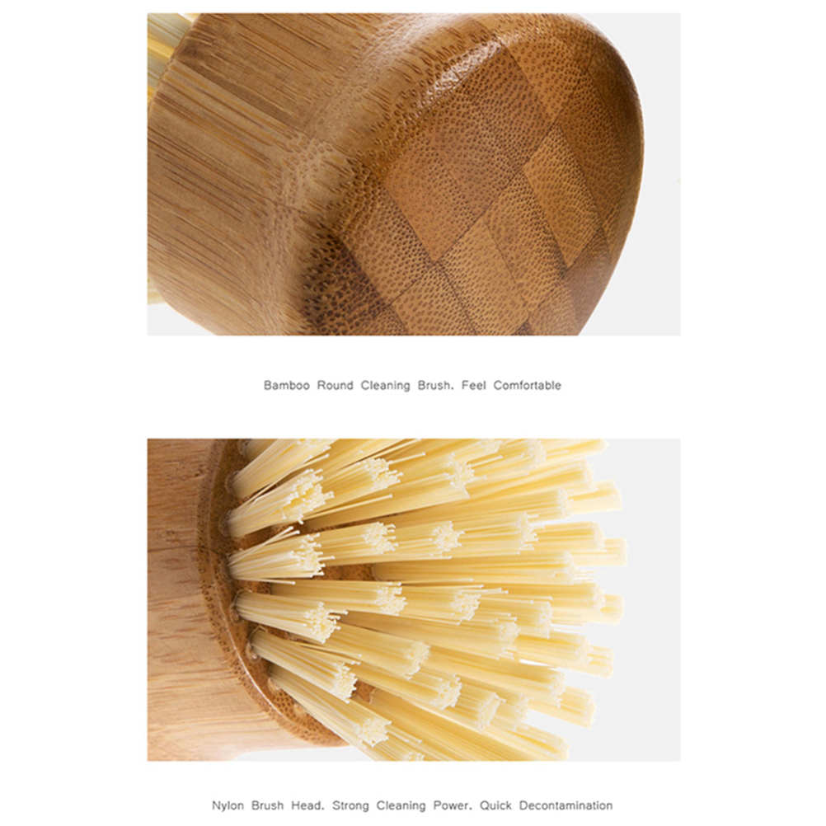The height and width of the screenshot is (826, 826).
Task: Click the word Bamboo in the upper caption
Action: click(x=286, y=385)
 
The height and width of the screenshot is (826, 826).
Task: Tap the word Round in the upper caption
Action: click(x=335, y=385)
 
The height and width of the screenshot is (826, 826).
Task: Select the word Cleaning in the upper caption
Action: click(x=385, y=386)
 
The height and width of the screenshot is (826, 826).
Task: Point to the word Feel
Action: click(x=473, y=385)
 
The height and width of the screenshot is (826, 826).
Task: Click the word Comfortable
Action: click(x=527, y=385)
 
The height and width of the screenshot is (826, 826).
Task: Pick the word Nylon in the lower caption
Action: click(x=228, y=806)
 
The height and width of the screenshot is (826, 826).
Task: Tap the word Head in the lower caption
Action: click(x=307, y=805)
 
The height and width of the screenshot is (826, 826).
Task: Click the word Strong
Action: click(x=350, y=806)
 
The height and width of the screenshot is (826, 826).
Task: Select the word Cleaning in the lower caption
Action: click(x=401, y=806)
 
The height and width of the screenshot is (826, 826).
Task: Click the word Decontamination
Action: click(x=566, y=805)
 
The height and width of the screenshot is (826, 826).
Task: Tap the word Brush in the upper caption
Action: click(x=435, y=385)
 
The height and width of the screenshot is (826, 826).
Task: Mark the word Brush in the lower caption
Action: click(x=267, y=805)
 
